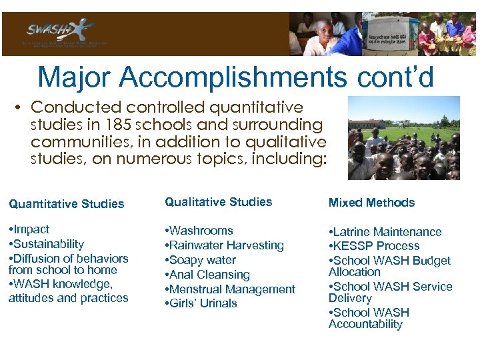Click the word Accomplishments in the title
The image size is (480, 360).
tap(233, 77)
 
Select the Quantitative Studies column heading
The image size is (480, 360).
tap(66, 204)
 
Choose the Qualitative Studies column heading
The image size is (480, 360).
tap(219, 202)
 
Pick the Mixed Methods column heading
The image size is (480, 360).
tap(371, 203)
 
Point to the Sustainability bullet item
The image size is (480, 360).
tap(46, 244)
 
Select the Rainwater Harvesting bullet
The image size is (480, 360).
tap(224, 245)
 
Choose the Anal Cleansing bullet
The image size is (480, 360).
tap(207, 275)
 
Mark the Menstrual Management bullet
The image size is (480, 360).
tap(230, 289)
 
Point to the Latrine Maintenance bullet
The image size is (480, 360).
tap(385, 232)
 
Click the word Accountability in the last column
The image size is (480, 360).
tap(365, 325)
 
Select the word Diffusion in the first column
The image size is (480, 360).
tap(34, 259)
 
